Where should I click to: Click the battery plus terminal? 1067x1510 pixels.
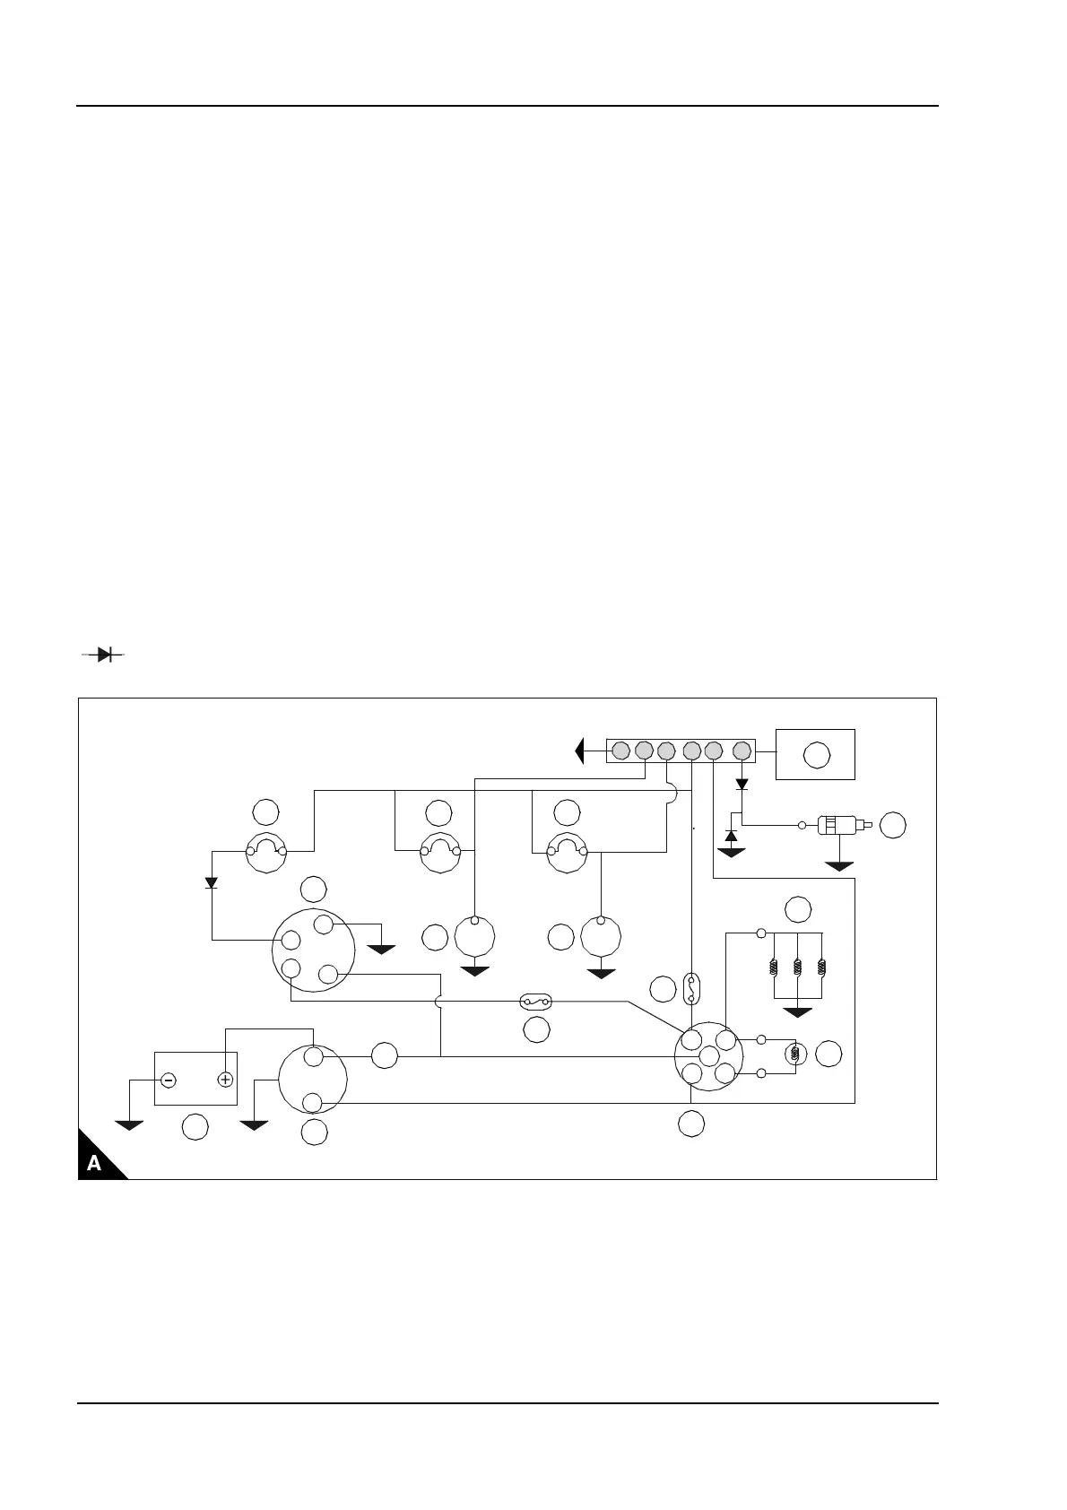pos(225,1080)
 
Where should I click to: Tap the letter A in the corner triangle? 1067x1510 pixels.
pos(94,1164)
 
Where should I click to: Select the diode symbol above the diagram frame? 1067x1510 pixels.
pos(104,655)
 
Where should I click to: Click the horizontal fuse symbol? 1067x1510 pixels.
pos(537,1001)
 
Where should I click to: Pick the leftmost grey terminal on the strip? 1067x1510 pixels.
pos(620,750)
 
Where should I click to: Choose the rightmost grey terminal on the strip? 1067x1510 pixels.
pos(742,750)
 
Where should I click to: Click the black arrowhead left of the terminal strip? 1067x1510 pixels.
pos(580,750)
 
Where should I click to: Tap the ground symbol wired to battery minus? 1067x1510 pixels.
pos(130,1124)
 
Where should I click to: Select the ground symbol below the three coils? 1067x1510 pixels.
pos(797,1012)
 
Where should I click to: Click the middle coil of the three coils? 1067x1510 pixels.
pos(797,968)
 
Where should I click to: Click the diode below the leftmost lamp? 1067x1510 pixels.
pos(212,882)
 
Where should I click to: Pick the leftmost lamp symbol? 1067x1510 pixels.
pos(266,851)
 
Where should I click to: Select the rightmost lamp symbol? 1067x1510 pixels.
pos(568,851)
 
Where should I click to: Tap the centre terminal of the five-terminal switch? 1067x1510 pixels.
pos(708,1057)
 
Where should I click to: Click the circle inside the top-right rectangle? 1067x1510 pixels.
pos(816,755)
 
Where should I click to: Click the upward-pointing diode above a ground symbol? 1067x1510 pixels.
pos(731,836)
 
